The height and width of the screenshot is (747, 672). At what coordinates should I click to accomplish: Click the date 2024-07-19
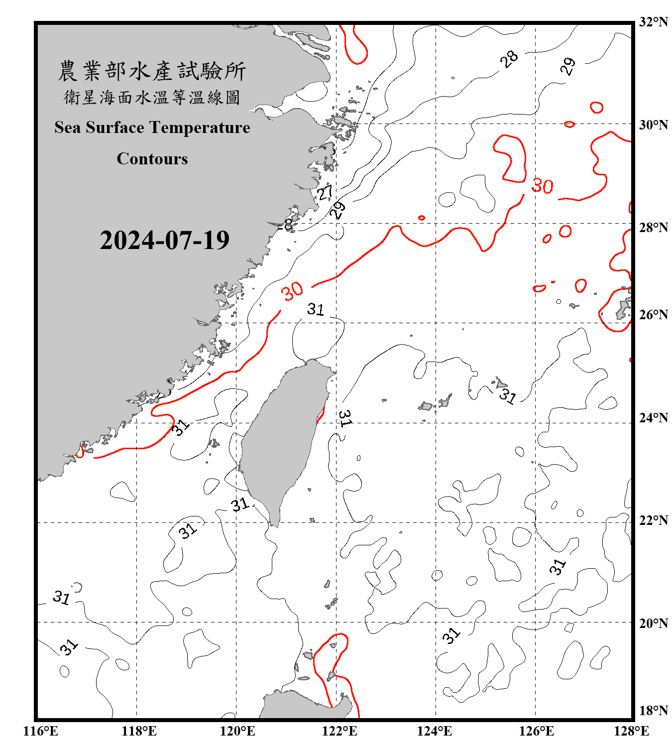164,241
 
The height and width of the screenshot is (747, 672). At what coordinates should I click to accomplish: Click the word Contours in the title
152,159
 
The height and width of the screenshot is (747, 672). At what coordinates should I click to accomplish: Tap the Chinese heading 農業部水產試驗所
152,71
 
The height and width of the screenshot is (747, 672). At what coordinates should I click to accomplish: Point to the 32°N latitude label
653,22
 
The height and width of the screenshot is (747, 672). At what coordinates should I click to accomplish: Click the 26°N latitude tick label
653,315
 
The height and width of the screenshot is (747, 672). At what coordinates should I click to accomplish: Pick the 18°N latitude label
653,711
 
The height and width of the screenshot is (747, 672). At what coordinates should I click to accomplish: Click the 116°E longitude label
41,731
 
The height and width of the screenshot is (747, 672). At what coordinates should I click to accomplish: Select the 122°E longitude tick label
339,731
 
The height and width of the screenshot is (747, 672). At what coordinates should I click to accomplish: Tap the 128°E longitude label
631,731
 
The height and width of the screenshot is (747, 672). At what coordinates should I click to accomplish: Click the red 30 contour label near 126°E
542,186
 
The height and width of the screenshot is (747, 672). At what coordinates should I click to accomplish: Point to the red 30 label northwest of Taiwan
292,291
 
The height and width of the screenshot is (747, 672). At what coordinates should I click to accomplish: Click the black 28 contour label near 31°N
509,59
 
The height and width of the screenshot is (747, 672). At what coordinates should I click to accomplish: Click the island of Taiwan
284,438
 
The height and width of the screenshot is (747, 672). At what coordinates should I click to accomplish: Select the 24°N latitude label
653,417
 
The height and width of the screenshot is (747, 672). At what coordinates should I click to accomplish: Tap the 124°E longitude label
435,731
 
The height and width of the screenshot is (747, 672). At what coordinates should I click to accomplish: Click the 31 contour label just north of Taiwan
315,309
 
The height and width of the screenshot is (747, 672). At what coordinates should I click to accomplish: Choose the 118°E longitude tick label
139,731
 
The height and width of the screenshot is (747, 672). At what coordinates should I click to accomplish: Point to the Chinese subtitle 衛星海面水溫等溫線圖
152,98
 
